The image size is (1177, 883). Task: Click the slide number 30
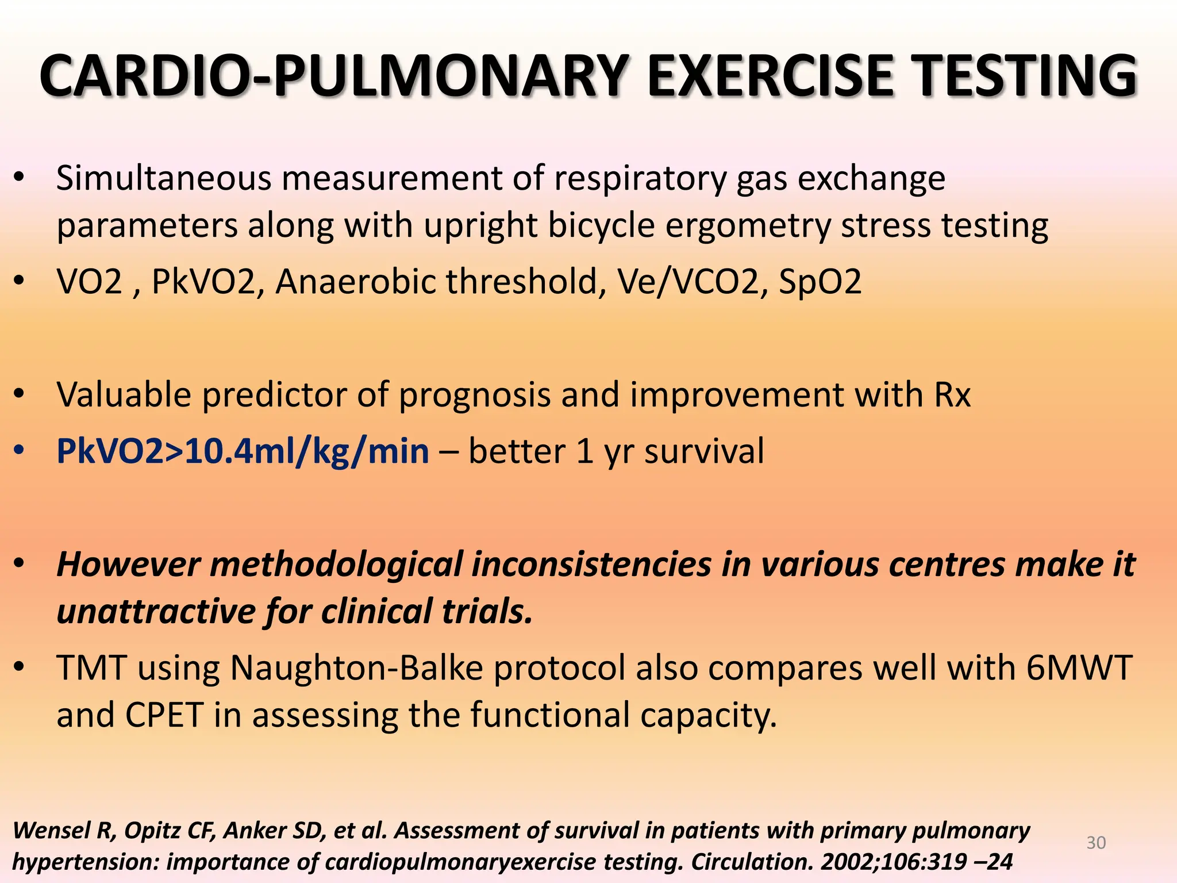(1096, 843)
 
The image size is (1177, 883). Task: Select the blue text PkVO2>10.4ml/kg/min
(243, 451)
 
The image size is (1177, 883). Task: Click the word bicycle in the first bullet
(601, 225)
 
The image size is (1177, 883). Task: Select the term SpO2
(820, 282)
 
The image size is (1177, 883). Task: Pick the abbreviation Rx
(952, 396)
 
